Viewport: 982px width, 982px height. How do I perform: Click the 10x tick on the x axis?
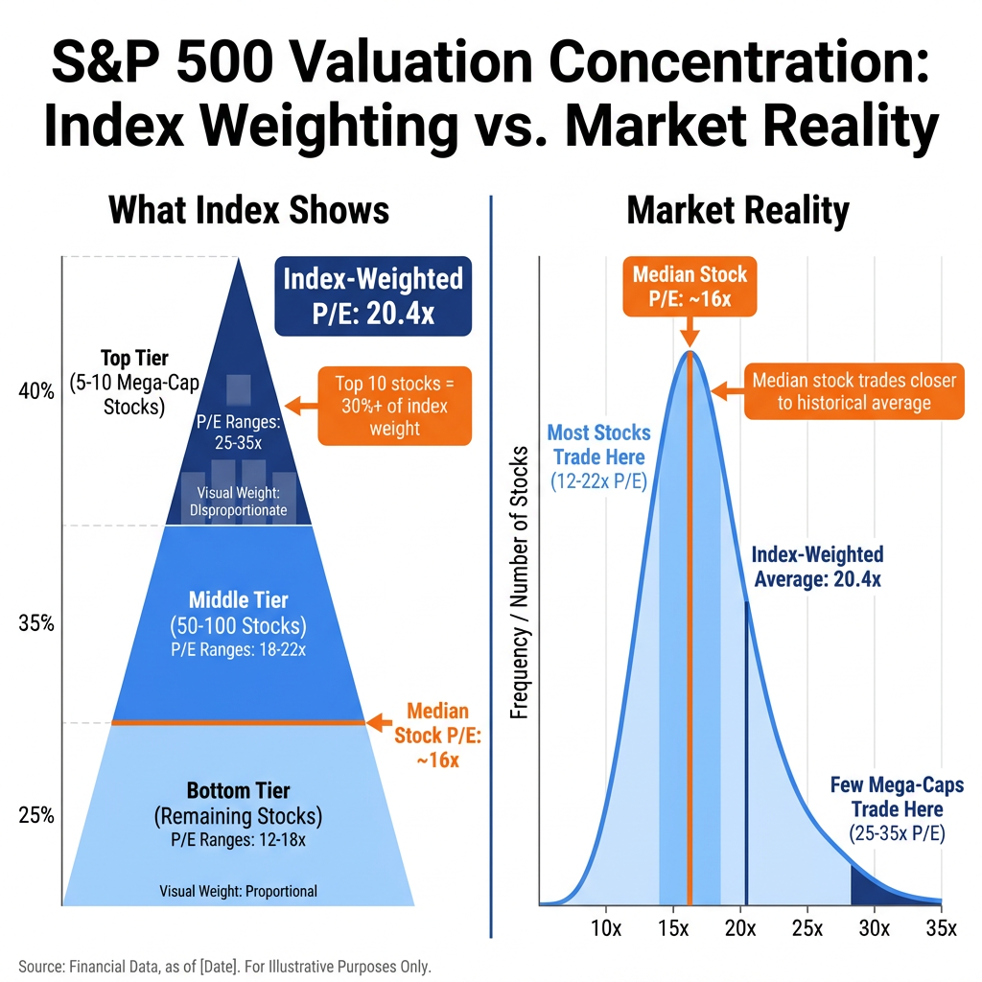click(606, 927)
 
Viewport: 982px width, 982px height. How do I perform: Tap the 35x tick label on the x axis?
click(941, 927)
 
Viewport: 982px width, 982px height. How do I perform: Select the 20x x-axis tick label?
click(740, 927)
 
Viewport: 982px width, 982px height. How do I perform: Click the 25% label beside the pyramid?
click(36, 816)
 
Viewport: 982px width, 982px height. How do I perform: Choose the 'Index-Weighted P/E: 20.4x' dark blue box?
click(373, 295)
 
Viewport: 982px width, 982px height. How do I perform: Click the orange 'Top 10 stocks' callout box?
click(395, 405)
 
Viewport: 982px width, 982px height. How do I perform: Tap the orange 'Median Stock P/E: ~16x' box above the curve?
click(690, 287)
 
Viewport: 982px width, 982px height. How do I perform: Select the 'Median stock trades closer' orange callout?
click(853, 391)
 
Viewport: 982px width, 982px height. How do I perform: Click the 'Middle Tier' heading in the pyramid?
click(238, 600)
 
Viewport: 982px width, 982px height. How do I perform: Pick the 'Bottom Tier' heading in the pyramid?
click(238, 791)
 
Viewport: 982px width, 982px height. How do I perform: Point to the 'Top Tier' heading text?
click(134, 359)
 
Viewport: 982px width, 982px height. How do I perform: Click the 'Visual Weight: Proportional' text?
click(238, 891)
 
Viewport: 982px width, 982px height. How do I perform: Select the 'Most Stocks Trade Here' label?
click(599, 445)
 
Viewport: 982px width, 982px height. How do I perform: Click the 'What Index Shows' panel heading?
click(249, 210)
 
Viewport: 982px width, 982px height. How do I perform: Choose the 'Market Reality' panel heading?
click(737, 210)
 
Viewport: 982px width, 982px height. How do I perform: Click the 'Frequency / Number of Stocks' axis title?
click(519, 582)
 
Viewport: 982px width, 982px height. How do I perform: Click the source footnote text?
click(224, 965)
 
